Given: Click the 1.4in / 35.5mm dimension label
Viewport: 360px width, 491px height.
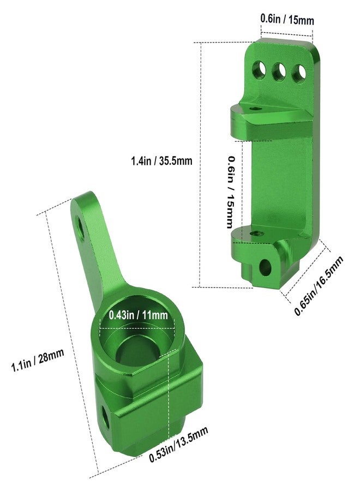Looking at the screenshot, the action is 161,161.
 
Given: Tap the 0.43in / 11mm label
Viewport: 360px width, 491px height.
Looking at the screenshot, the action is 139,315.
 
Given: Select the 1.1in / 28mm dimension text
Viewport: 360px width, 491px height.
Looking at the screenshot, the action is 38,360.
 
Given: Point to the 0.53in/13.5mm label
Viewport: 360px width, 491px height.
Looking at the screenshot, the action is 178,444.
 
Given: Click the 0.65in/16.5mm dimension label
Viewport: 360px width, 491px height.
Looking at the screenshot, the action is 319,285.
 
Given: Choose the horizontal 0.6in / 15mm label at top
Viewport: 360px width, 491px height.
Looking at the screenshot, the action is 287,20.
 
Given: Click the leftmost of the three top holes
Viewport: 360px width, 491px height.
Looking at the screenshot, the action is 259,70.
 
